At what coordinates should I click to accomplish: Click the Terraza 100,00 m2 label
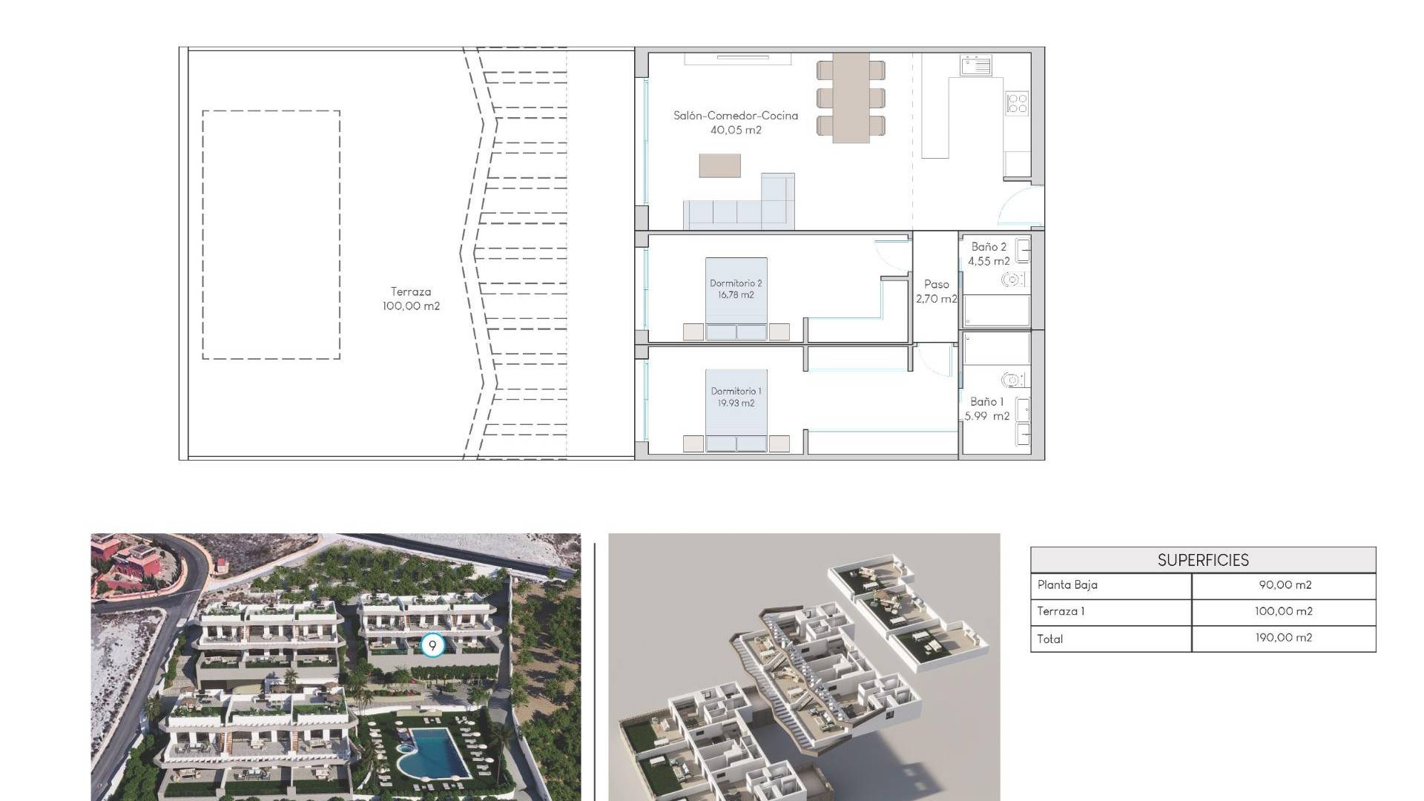click(x=411, y=299)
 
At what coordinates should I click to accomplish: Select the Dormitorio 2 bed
click(x=736, y=299)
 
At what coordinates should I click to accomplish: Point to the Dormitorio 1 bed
click(x=736, y=410)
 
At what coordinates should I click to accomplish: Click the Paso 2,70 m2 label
click(x=937, y=291)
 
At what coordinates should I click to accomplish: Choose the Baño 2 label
click(x=989, y=254)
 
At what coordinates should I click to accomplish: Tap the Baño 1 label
click(x=987, y=409)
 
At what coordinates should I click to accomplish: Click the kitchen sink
click(x=976, y=66)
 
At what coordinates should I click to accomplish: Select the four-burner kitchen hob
click(x=1018, y=103)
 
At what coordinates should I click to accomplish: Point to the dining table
click(x=851, y=97)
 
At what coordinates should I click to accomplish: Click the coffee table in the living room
click(x=719, y=165)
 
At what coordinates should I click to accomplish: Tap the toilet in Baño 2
click(x=1012, y=280)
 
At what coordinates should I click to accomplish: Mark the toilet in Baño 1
click(x=1012, y=380)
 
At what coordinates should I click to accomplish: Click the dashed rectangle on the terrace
click(x=202, y=235)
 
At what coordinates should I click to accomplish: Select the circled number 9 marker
click(x=432, y=645)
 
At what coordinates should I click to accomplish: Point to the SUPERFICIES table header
click(x=1203, y=560)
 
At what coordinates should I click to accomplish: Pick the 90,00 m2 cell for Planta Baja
click(x=1285, y=585)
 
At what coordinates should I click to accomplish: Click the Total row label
click(x=1050, y=639)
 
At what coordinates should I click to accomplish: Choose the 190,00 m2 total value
click(x=1283, y=638)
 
